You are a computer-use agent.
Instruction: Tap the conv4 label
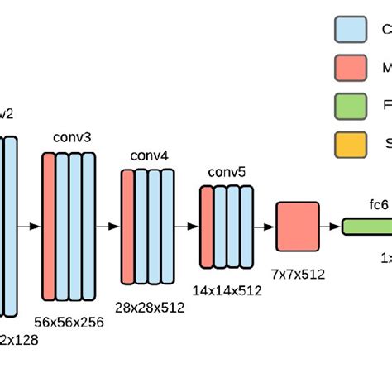point(148,156)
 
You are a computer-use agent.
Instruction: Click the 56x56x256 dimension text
point(69,322)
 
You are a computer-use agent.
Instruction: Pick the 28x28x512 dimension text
point(150,307)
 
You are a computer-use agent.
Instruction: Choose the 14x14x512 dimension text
point(227,290)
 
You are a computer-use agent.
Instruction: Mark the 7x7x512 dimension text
point(297,273)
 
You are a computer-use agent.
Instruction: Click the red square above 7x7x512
point(297,225)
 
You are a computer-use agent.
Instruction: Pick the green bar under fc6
point(367,225)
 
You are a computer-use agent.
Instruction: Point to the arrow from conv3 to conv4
point(108,225)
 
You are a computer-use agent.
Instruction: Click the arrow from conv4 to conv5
point(187,225)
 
